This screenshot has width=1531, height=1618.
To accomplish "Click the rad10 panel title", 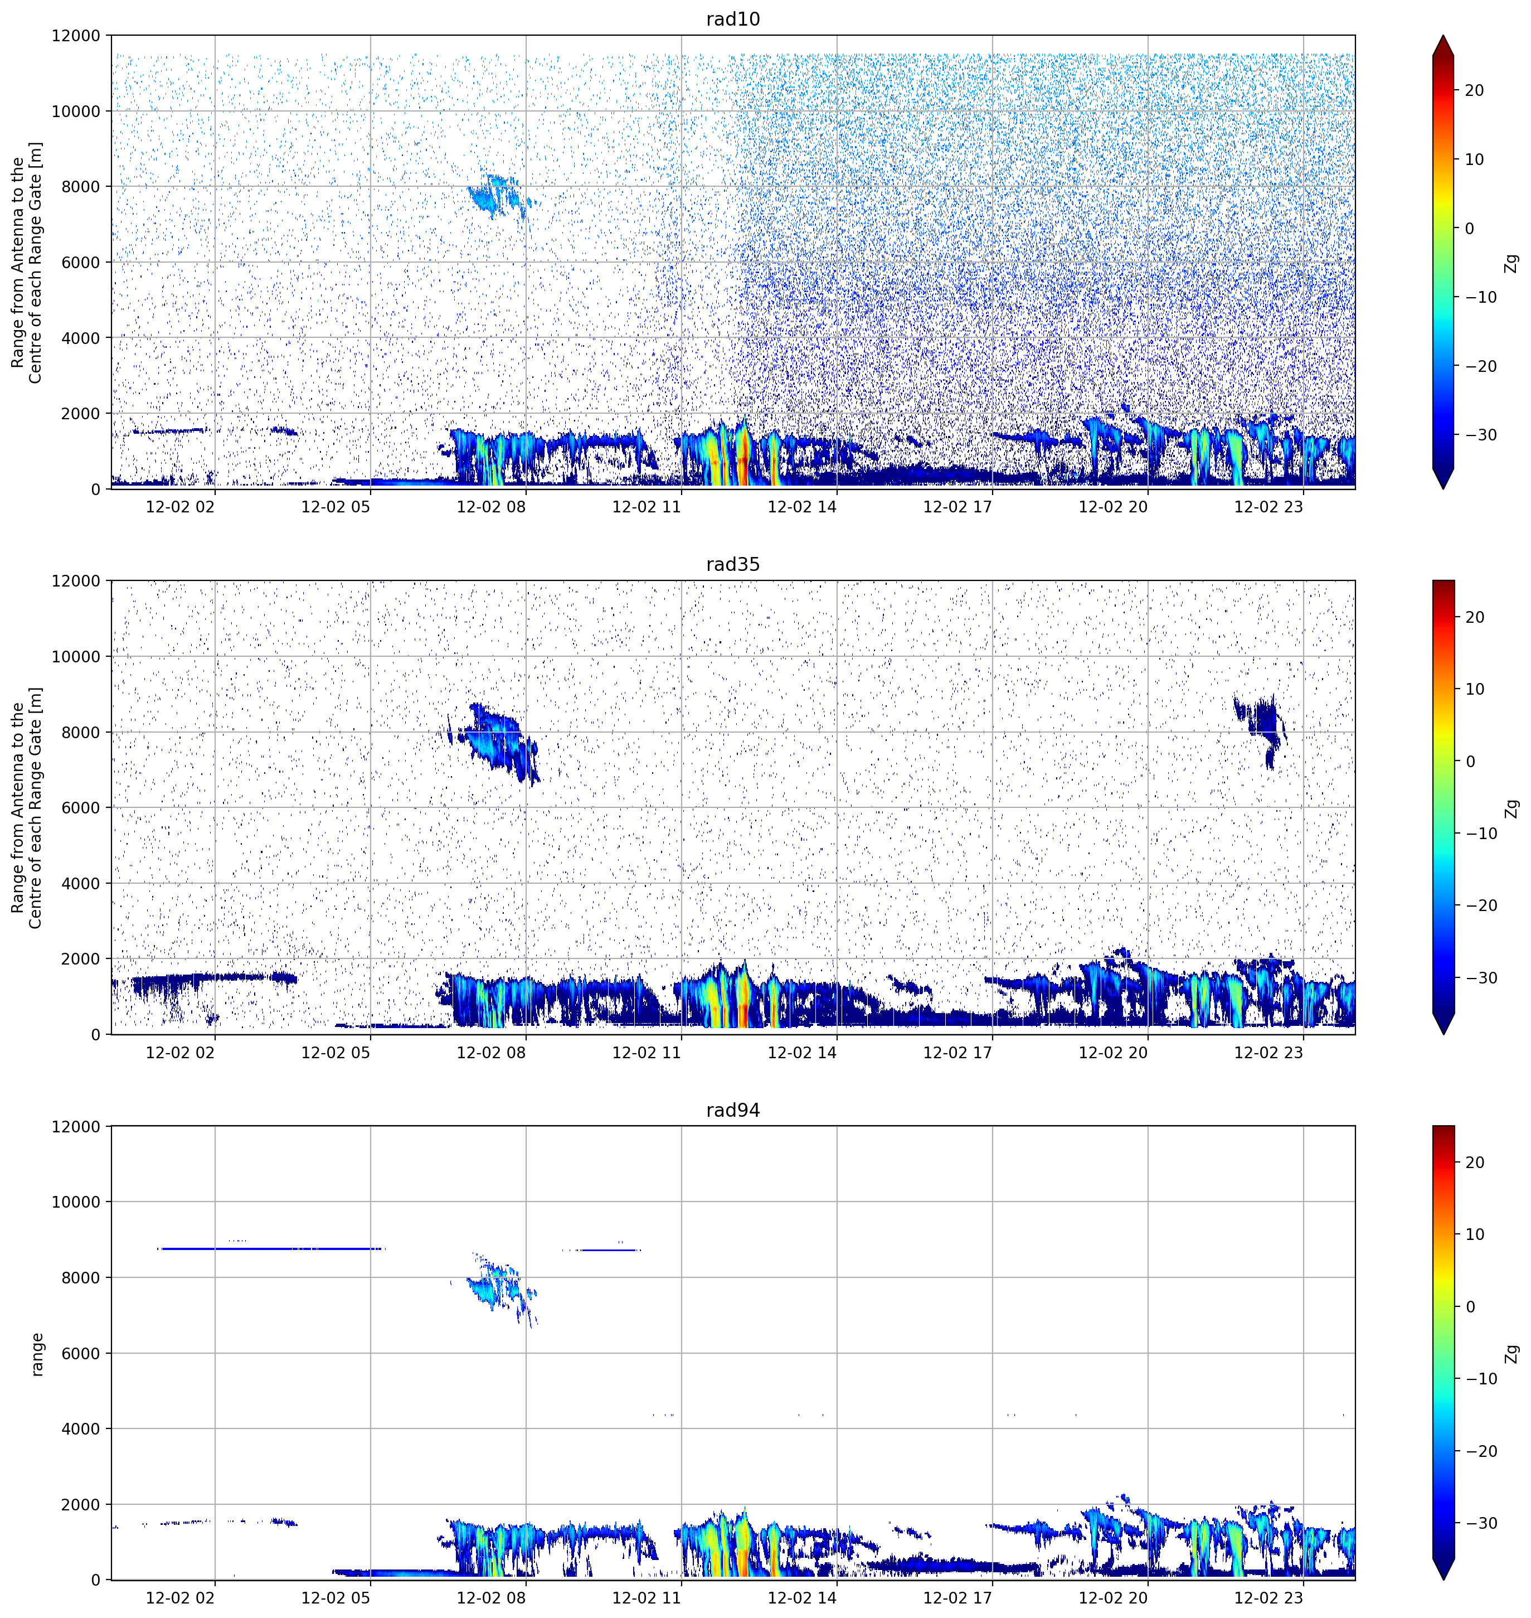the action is point(733,19).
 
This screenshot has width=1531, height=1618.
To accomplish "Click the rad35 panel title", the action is point(733,564).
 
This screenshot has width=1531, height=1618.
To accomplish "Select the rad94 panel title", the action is point(733,1110).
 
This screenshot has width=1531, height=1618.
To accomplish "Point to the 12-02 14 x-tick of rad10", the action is point(802,506).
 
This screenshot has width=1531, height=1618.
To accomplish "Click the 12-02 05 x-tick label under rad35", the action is point(336,1052).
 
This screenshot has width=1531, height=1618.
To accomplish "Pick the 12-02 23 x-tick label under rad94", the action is point(1268,1597).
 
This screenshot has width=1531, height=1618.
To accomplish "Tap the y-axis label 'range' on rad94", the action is point(37,1354).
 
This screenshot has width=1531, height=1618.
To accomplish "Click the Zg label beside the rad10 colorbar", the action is point(1512,263).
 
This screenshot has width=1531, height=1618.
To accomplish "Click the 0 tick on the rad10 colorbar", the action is point(1470,229).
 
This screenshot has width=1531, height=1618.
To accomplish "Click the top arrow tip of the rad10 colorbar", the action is point(1443,36).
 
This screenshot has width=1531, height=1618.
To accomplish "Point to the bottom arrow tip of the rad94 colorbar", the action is point(1443,1579).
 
